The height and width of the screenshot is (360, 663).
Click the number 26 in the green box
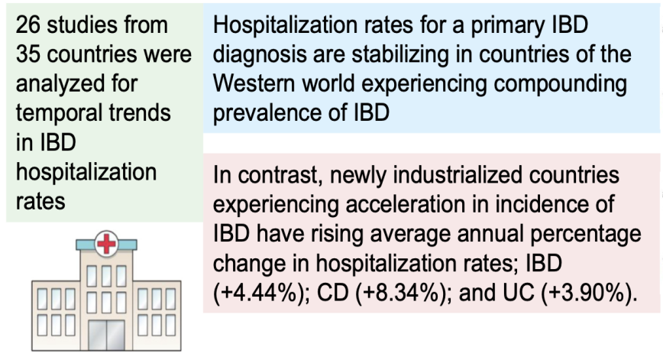pyautogui.click(x=28, y=25)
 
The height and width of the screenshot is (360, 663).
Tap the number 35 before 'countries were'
pyautogui.click(x=28, y=54)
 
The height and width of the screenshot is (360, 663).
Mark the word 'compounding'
pyautogui.click(x=560, y=85)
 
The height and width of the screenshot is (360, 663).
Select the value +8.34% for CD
pyautogui.click(x=401, y=294)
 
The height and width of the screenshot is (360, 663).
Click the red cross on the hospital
pyautogui.click(x=107, y=244)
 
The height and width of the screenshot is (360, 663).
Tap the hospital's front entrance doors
pyautogui.click(x=106, y=335)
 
